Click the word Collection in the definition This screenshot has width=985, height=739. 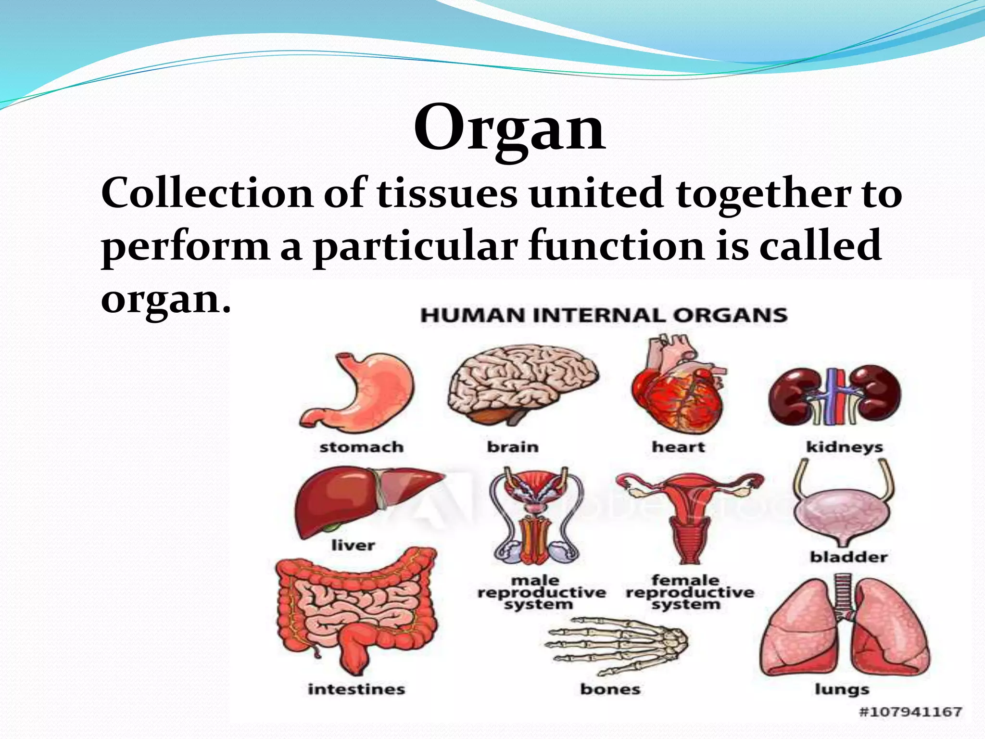(x=207, y=193)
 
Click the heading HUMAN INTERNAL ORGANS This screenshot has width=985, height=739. (x=604, y=316)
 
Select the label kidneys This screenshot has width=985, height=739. (x=845, y=447)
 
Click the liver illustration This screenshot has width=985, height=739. (x=356, y=503)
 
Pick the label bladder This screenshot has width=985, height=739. (x=848, y=557)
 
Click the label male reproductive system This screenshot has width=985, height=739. (x=541, y=592)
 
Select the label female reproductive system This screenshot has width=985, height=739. (x=689, y=592)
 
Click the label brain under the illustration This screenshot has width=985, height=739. (x=513, y=447)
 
